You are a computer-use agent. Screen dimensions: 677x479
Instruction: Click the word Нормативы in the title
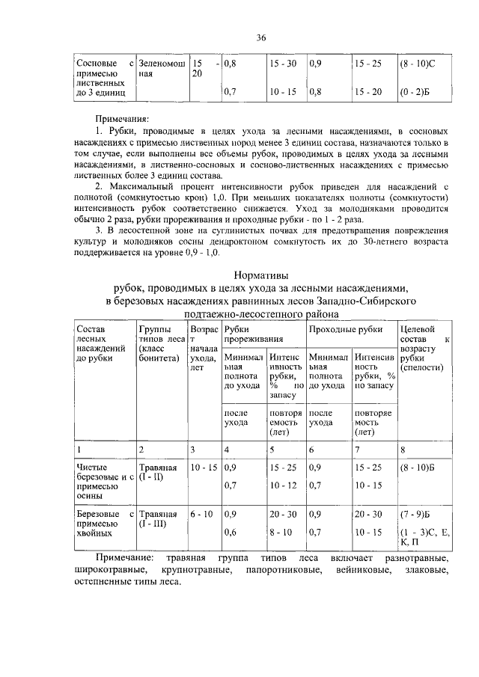[261, 275]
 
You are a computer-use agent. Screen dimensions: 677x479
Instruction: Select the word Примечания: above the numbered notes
[122, 118]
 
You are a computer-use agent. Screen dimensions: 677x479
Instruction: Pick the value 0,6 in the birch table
[231, 532]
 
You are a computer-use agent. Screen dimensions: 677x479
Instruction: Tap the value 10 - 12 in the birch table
[282, 485]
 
